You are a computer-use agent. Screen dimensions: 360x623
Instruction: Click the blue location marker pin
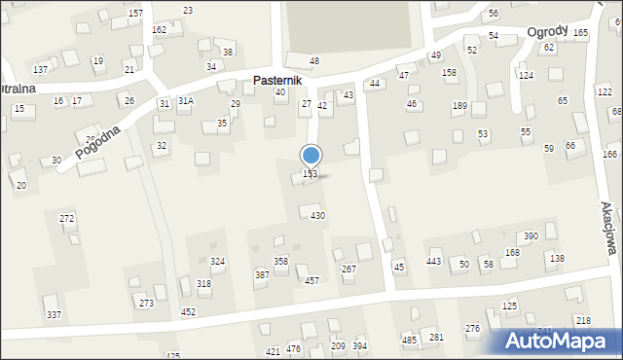pyautogui.click(x=311, y=156)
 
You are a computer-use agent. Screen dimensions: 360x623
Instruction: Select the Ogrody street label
pyautogui.click(x=548, y=31)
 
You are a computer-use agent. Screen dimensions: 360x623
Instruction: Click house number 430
pyautogui.click(x=317, y=215)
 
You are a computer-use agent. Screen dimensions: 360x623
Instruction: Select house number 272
pyautogui.click(x=67, y=219)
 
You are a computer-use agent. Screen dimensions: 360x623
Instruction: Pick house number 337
pyautogui.click(x=54, y=314)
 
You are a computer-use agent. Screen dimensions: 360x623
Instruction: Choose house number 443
pyautogui.click(x=434, y=262)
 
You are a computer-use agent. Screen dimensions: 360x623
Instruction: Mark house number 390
pyautogui.click(x=531, y=236)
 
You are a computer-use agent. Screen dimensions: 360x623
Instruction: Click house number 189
pyautogui.click(x=459, y=106)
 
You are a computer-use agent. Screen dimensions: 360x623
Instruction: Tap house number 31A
pyautogui.click(x=185, y=100)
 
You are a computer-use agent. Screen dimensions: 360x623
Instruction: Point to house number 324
pyautogui.click(x=218, y=262)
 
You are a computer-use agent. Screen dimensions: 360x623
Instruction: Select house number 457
pyautogui.click(x=311, y=281)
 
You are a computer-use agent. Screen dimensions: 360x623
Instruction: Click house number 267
pyautogui.click(x=348, y=269)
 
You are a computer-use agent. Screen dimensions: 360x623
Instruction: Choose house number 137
pyautogui.click(x=41, y=70)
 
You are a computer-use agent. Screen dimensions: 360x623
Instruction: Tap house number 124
pyautogui.click(x=526, y=75)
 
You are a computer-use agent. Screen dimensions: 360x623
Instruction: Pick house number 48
pyautogui.click(x=313, y=61)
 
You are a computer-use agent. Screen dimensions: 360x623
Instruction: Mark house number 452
pyautogui.click(x=188, y=311)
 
